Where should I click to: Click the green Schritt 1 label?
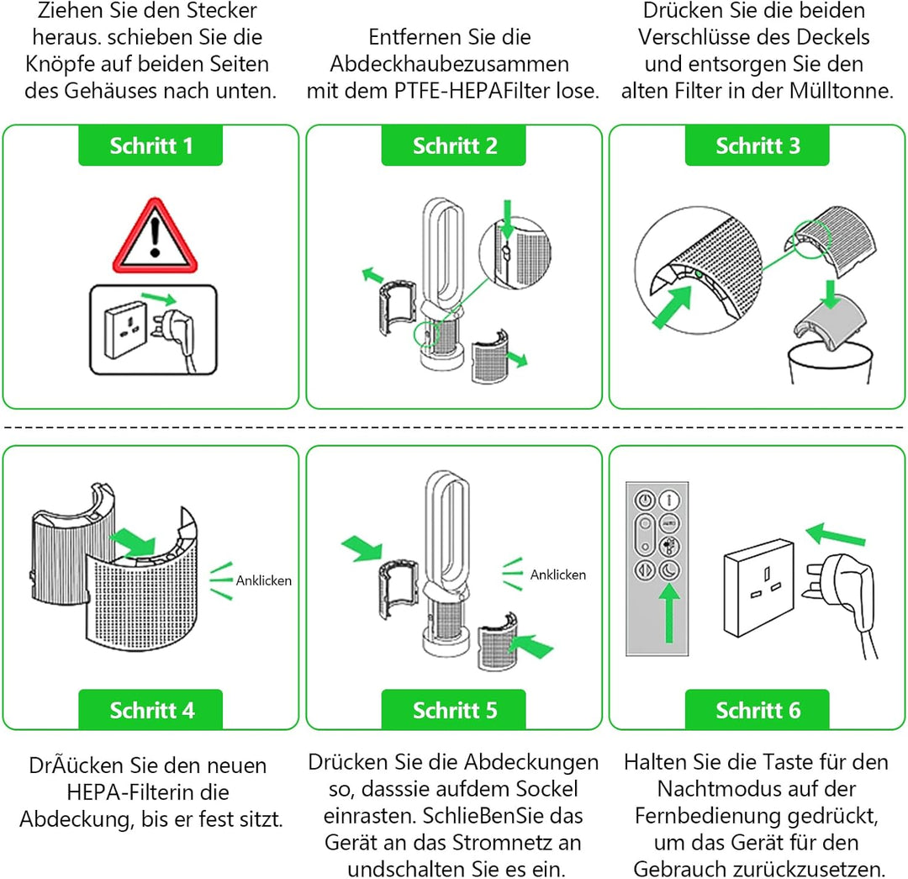coord(151,146)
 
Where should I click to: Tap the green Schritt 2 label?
coord(454,146)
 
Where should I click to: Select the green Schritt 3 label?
coord(758,146)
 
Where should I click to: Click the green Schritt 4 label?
coord(151,710)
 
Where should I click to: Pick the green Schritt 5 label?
coord(454,710)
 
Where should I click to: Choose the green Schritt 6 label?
coord(758,710)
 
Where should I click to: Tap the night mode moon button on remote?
coord(671,569)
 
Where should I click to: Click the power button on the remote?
coord(645,499)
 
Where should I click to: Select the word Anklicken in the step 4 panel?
coord(263,580)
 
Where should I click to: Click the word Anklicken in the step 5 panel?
coord(558,575)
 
